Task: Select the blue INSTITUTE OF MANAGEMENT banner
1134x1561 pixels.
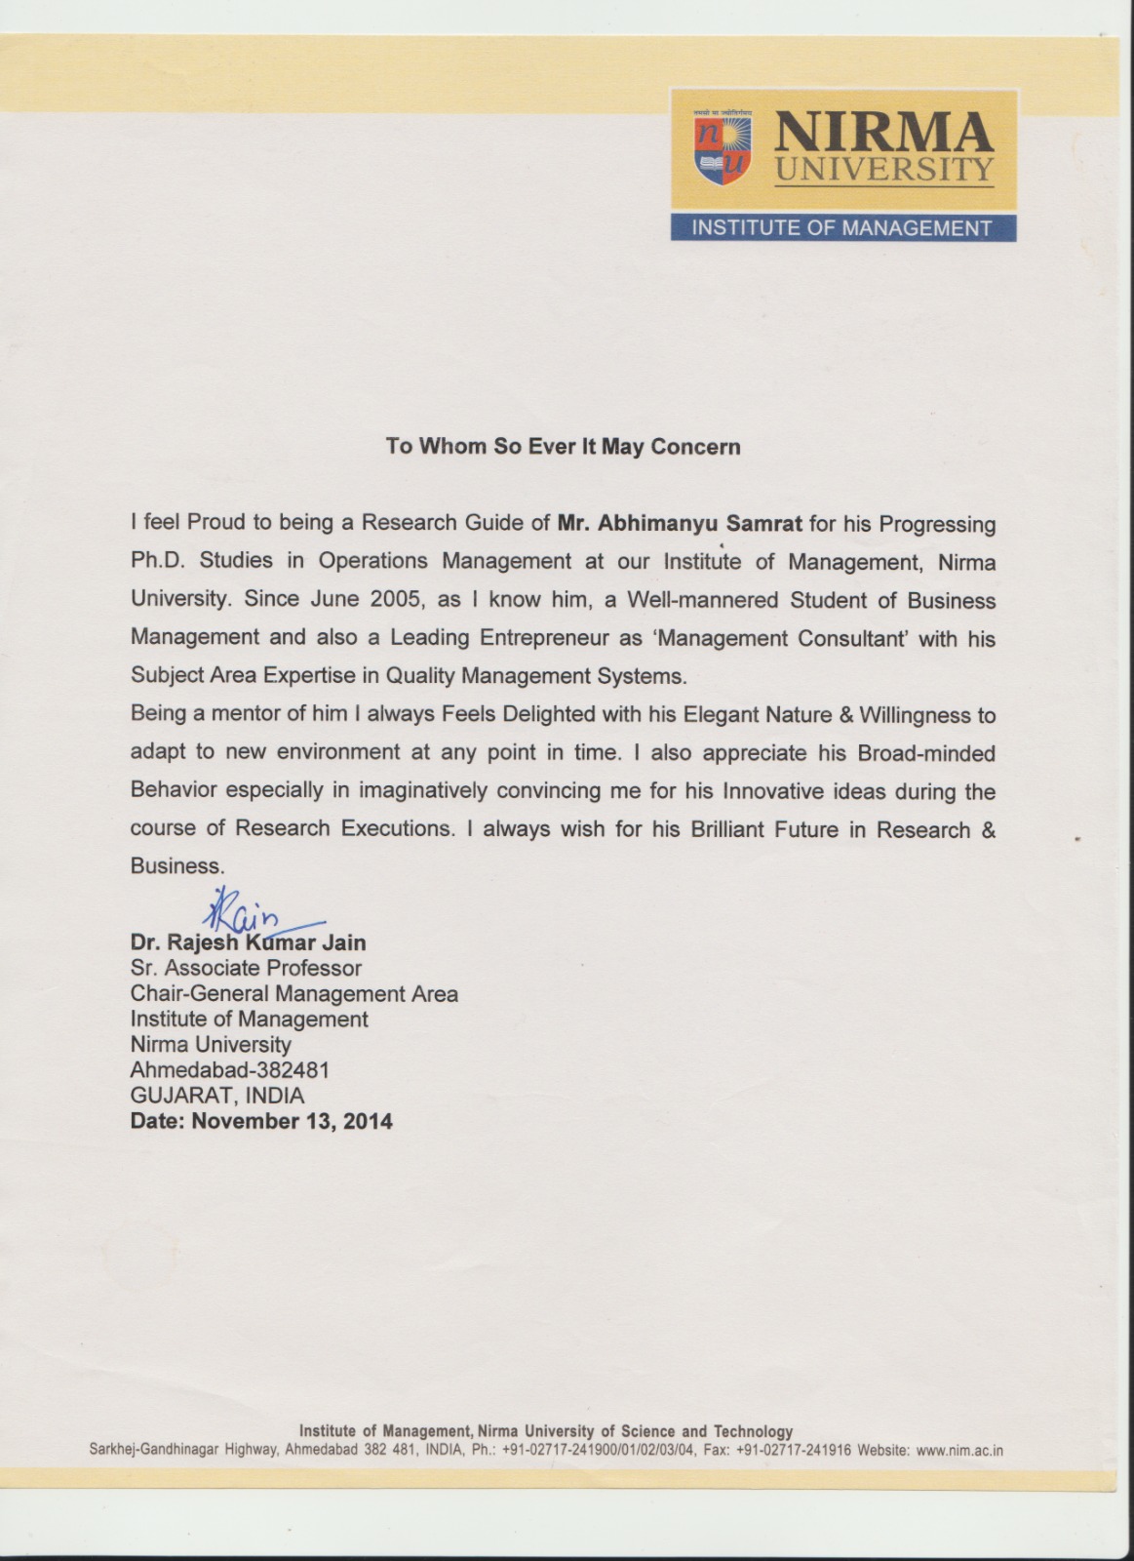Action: (842, 228)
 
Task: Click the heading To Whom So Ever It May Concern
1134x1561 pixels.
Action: (564, 447)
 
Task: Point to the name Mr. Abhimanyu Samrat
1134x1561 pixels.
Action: (680, 523)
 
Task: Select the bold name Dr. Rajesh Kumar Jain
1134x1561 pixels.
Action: (249, 942)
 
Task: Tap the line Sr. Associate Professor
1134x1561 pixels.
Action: (246, 968)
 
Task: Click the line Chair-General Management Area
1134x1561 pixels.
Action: (294, 993)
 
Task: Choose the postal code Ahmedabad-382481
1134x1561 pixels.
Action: (230, 1069)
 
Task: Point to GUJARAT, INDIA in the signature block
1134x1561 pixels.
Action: (217, 1095)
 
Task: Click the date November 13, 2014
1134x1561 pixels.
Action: (292, 1121)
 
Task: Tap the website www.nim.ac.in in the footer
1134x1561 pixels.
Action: (959, 1451)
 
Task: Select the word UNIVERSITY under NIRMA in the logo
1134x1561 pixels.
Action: (883, 169)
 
